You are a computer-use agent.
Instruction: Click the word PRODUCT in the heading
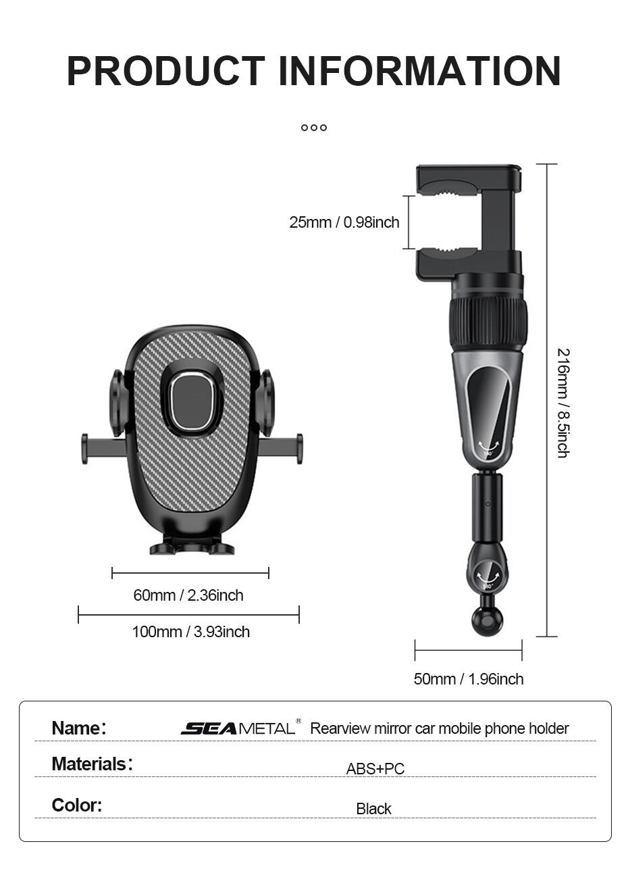pyautogui.click(x=166, y=71)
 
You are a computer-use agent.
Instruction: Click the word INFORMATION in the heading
pyautogui.click(x=420, y=71)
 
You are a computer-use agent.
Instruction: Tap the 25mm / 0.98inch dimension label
pyautogui.click(x=344, y=222)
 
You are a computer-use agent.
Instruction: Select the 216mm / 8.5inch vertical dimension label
pyautogui.click(x=563, y=403)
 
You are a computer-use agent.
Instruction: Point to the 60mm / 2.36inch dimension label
pyautogui.click(x=188, y=595)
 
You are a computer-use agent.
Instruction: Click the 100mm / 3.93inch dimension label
pyautogui.click(x=191, y=632)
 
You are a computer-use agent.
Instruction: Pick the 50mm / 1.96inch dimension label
pyautogui.click(x=469, y=679)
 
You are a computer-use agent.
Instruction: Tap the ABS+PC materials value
pyautogui.click(x=375, y=769)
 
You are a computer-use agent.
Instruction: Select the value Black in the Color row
pyautogui.click(x=373, y=809)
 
